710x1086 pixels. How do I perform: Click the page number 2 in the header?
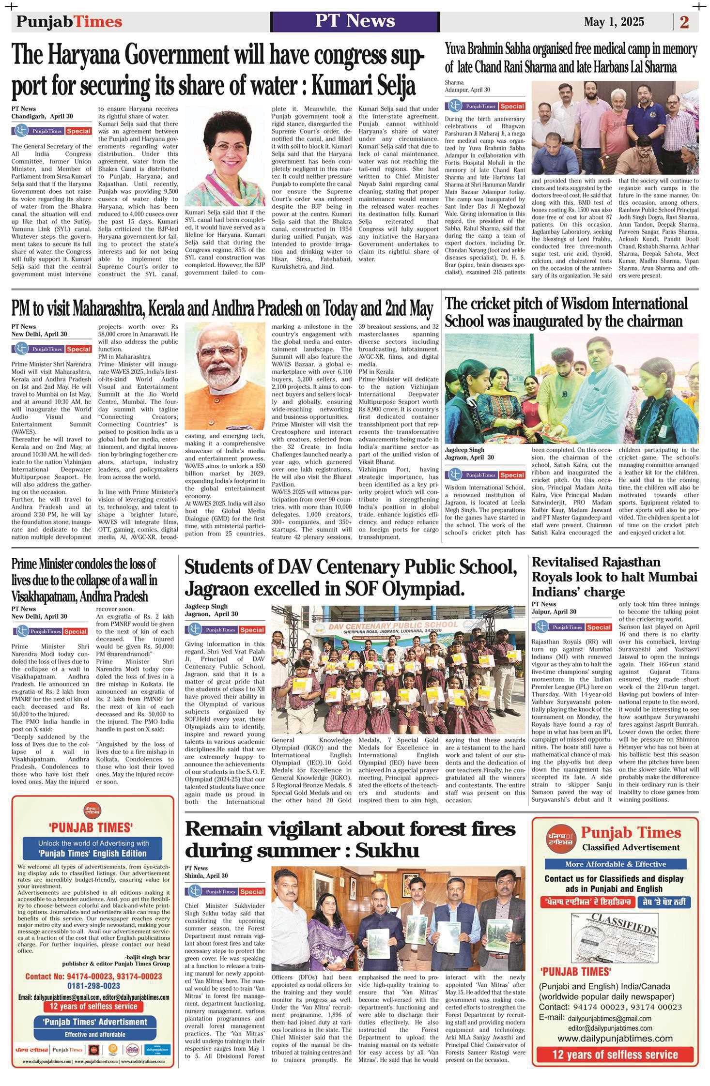tap(684, 22)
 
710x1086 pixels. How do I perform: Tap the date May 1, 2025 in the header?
tap(614, 22)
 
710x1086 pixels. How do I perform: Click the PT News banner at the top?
tap(355, 21)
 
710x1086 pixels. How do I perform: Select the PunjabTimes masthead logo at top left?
tap(69, 22)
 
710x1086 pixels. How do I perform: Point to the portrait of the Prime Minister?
tap(225, 376)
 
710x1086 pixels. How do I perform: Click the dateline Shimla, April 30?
tap(206, 876)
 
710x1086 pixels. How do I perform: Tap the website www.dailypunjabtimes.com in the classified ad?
tap(615, 1038)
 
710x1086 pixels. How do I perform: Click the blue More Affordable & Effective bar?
tap(615, 864)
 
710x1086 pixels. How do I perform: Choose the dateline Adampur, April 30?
tap(467, 90)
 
